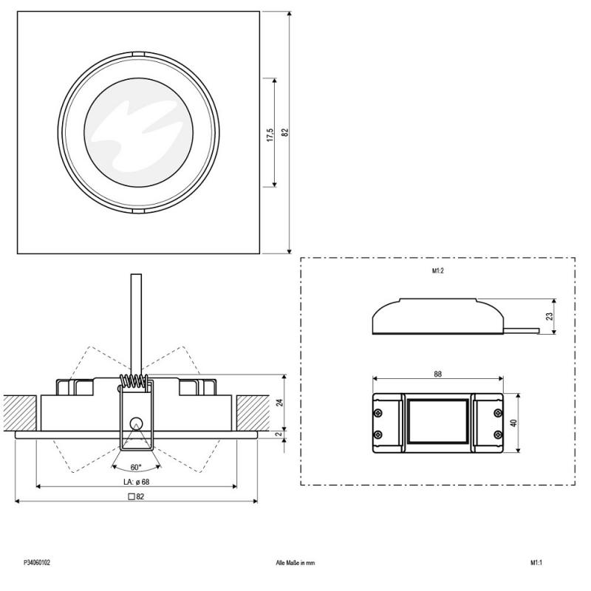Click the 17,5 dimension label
[x=270, y=134]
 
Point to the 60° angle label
[x=136, y=467]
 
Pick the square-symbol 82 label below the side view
[x=136, y=496]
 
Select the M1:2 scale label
[x=437, y=271]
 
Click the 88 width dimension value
[x=438, y=375]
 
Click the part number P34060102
[x=37, y=562]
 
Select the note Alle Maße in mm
[x=295, y=562]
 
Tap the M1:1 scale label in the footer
[x=536, y=562]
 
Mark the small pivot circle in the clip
[x=135, y=422]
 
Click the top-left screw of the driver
[x=378, y=411]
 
